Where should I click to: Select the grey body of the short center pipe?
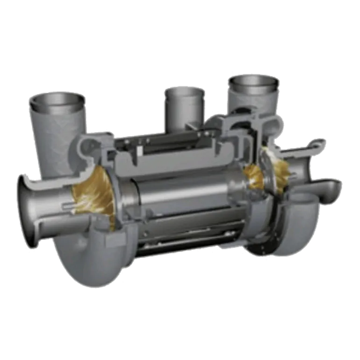pyautogui.click(x=182, y=112)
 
